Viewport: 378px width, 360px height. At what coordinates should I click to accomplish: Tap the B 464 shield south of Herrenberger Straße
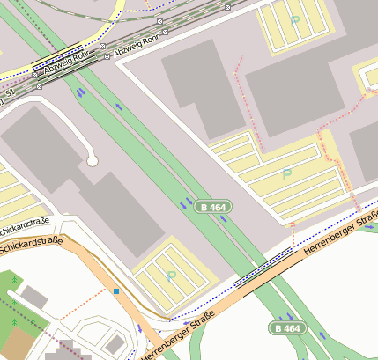tap(286, 328)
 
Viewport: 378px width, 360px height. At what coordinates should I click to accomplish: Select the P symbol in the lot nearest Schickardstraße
tap(171, 276)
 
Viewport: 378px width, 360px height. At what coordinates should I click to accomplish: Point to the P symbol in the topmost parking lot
tap(294, 20)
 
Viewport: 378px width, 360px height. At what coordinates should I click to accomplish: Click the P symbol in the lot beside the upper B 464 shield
tap(286, 174)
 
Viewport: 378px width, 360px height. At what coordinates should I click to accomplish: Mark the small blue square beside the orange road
tap(115, 290)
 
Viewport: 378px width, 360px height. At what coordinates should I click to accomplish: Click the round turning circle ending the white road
tap(92, 160)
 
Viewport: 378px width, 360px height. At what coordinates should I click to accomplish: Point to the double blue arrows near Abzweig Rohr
tap(81, 91)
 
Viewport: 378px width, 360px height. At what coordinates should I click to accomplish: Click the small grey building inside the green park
tap(33, 297)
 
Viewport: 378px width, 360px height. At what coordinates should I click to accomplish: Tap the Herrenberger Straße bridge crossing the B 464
tap(264, 262)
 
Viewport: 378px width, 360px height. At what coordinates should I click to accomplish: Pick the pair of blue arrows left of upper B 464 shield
tap(187, 204)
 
